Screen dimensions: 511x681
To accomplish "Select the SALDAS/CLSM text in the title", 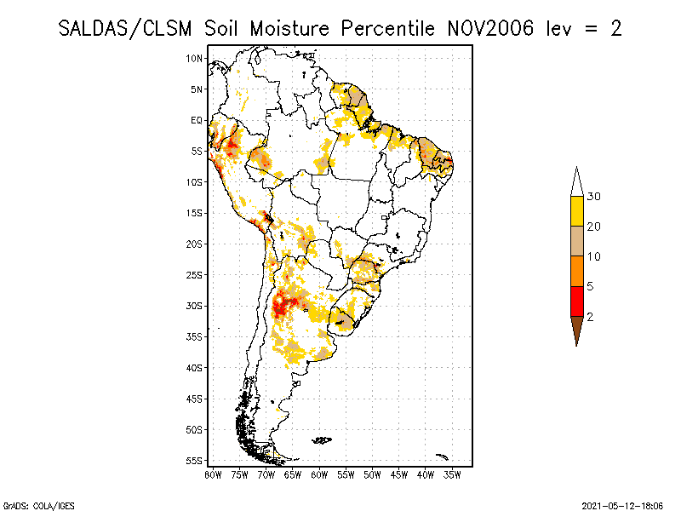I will (x=129, y=28).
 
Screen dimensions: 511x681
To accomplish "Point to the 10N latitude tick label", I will (x=195, y=58).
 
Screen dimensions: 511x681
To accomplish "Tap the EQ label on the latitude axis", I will (x=197, y=120).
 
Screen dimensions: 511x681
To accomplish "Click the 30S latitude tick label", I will (x=195, y=306).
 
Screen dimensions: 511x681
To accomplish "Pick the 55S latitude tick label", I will (x=195, y=461).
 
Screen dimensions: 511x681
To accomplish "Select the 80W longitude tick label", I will (x=213, y=474).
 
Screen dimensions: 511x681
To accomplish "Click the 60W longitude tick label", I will (x=320, y=474).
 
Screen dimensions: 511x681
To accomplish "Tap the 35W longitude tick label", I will (x=454, y=474).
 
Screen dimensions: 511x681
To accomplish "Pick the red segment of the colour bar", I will (x=577, y=301).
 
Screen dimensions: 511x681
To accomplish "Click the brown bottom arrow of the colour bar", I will (x=577, y=329).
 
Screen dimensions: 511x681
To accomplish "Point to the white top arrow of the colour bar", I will (x=577, y=181).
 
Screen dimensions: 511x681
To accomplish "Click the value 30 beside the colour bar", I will (x=594, y=197).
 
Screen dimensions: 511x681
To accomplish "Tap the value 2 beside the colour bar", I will (x=590, y=316).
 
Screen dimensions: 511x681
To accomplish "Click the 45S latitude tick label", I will (x=195, y=399).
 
